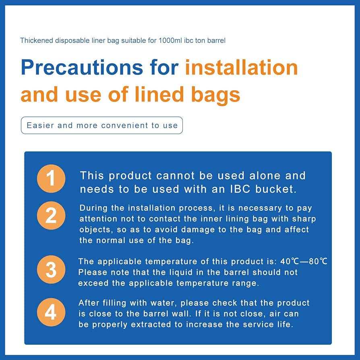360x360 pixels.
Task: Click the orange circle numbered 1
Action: point(51,178)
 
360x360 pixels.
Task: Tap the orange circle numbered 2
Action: point(51,215)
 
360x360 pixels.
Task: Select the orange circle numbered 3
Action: point(51,269)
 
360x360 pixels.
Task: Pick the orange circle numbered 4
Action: point(51,312)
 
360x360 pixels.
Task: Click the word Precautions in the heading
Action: point(82,67)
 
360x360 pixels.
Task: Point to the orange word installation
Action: point(241,67)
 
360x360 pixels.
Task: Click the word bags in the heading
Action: point(215,95)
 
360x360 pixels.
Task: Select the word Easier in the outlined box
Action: point(40,125)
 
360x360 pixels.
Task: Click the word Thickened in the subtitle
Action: point(37,40)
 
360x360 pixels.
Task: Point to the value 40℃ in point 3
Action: point(290,261)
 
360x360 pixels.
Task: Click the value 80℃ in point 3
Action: point(318,261)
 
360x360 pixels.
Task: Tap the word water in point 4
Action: point(163,303)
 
